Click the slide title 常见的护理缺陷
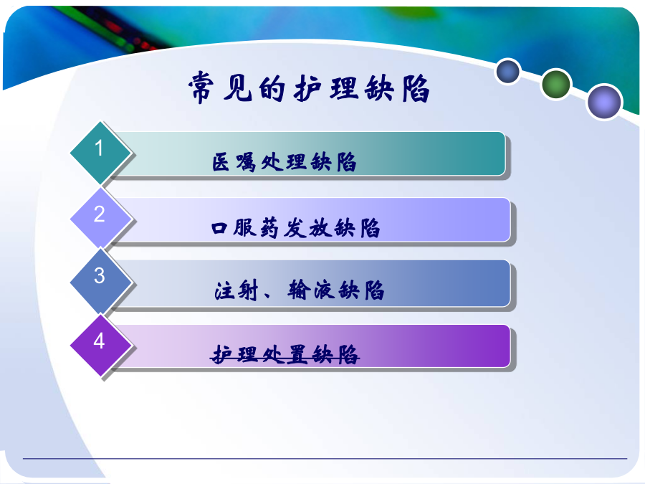coord(309,88)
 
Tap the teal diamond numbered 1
coord(100,152)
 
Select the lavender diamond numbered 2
coord(100,217)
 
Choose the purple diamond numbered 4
coord(100,345)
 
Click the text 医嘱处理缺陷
coord(284,162)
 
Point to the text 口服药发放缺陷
coord(295,227)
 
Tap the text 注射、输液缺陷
coord(299,290)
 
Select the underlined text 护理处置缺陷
coord(285,354)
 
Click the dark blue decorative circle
coord(508,72)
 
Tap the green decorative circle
coord(555,85)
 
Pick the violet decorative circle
coord(604,102)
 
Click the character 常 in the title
coord(201,87)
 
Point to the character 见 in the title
coord(237,88)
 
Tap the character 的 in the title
coord(272,88)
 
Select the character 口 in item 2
coord(219,228)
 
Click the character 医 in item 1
coord(221,162)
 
